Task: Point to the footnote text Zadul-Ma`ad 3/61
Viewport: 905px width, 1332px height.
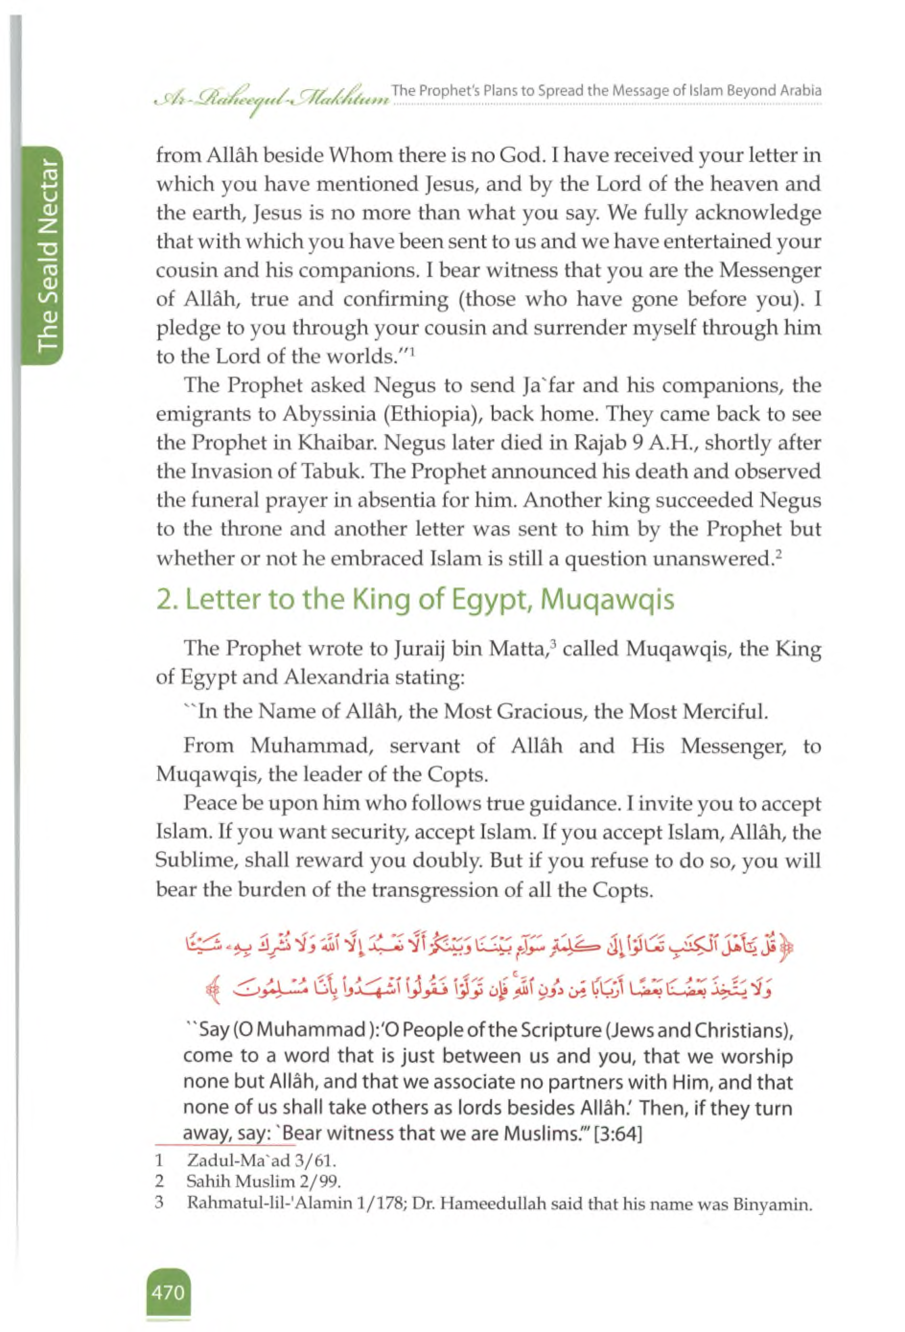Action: (261, 1162)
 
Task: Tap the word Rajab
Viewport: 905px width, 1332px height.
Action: (563, 442)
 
